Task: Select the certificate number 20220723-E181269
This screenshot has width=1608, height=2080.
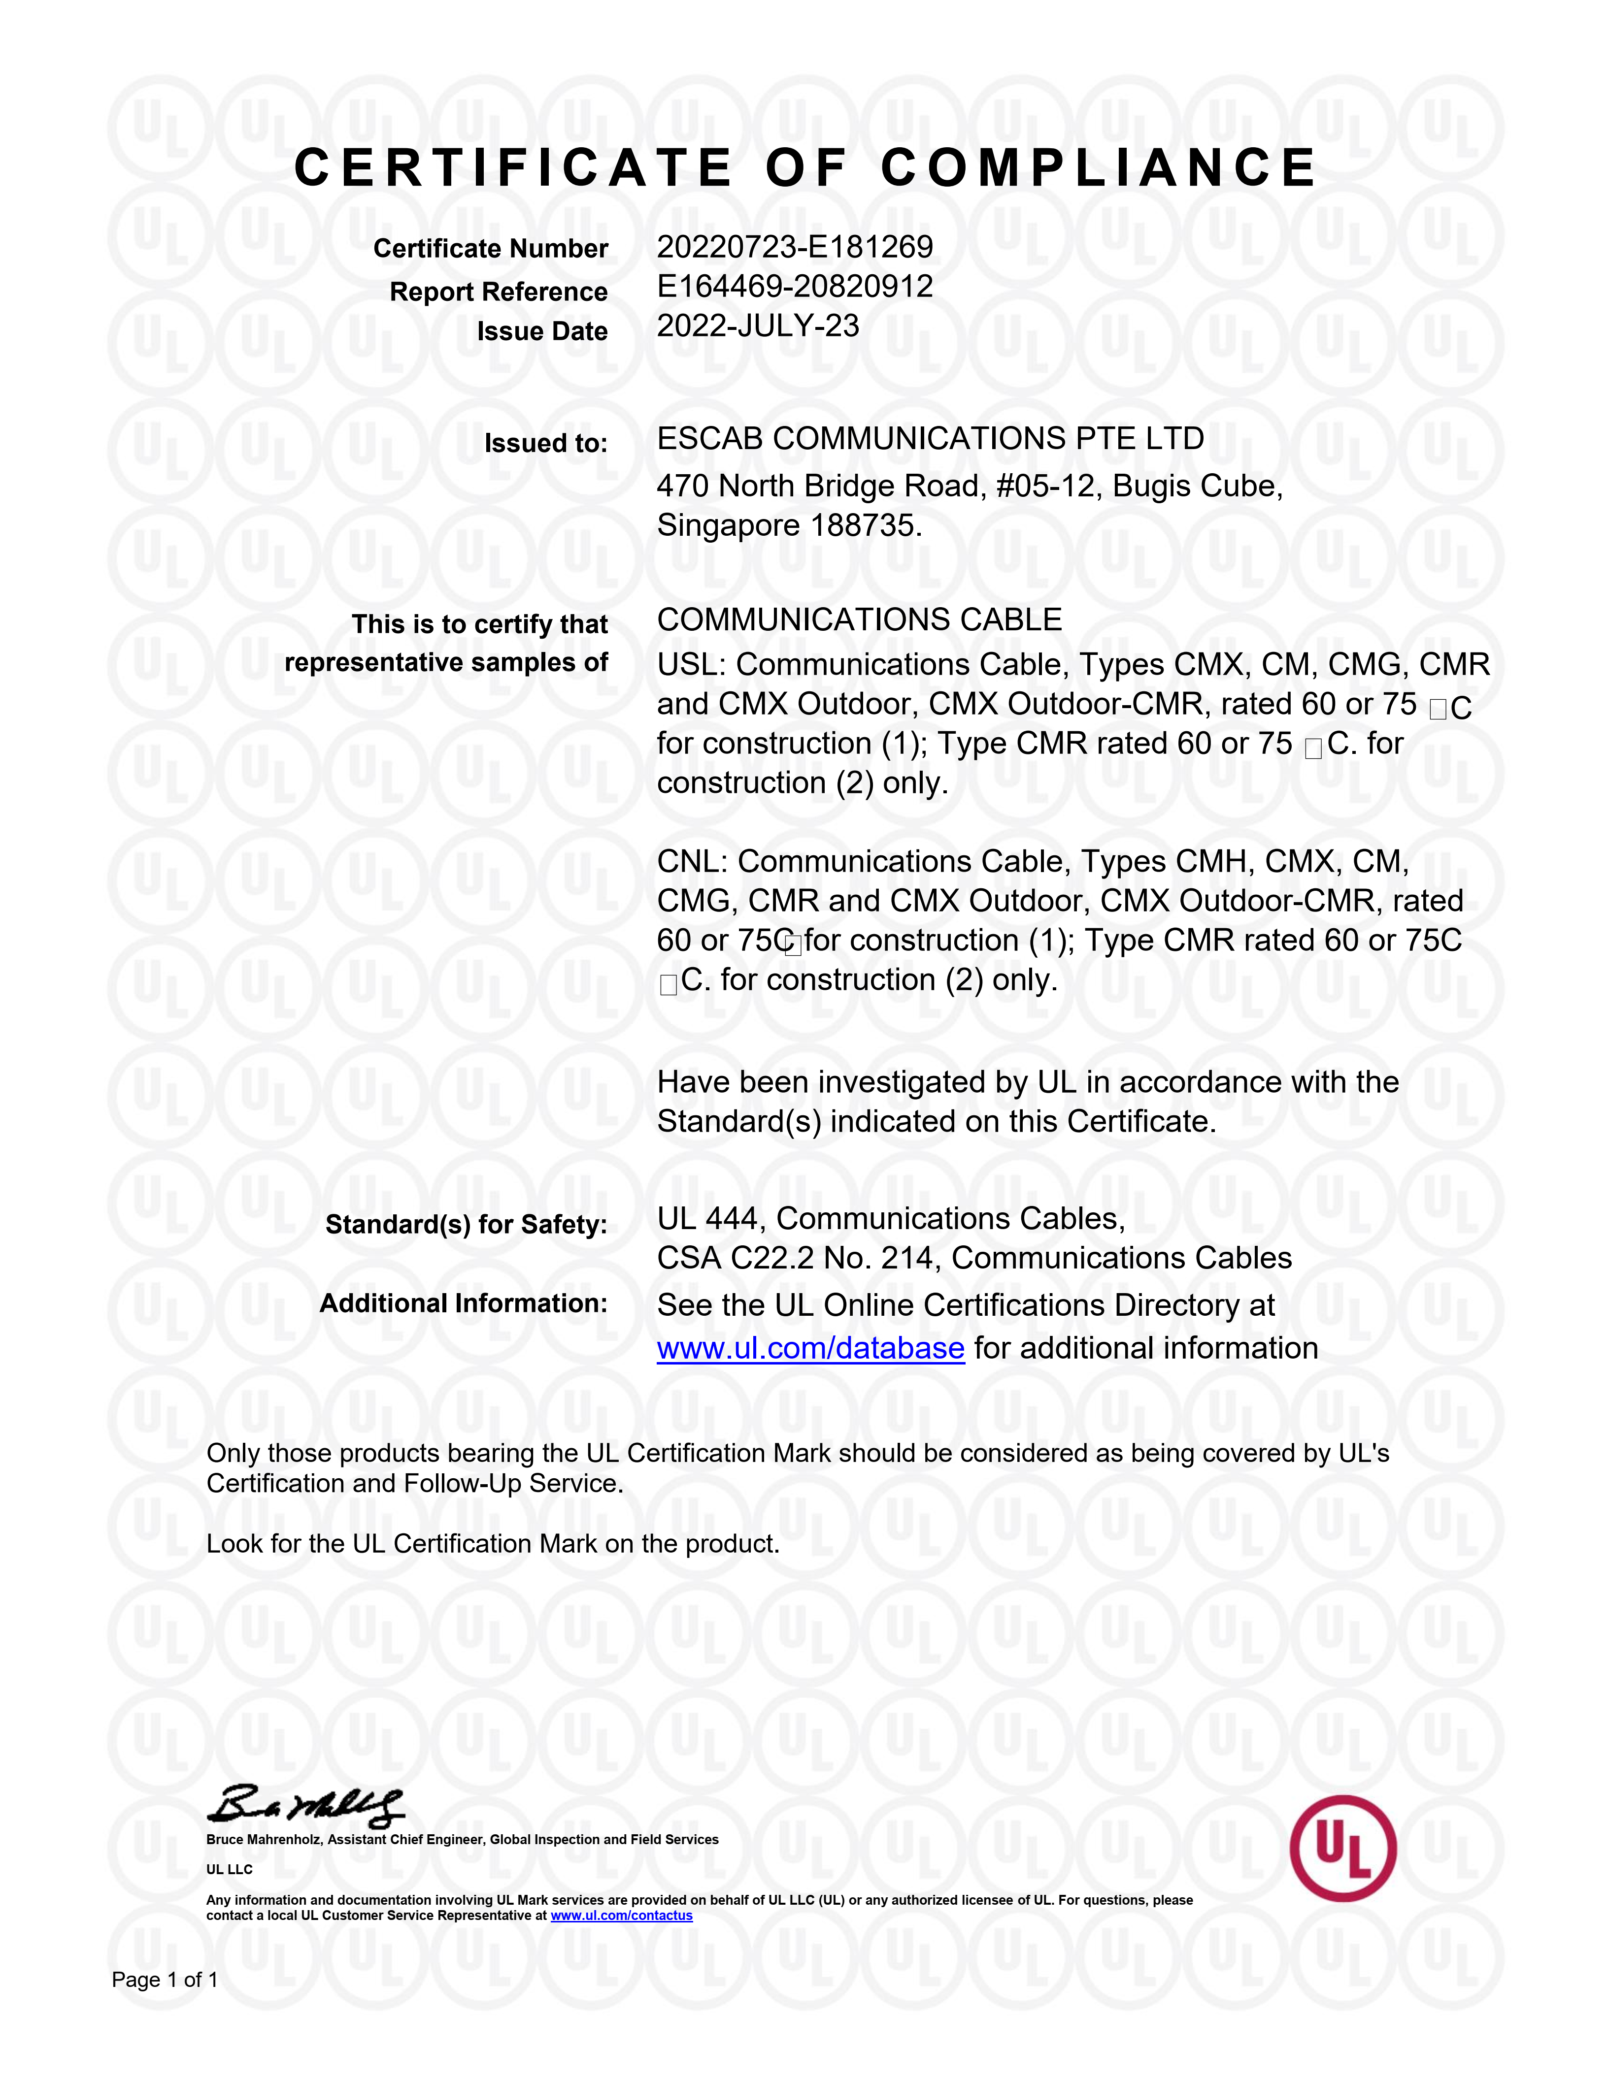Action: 795,248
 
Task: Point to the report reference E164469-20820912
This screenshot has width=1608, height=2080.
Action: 795,287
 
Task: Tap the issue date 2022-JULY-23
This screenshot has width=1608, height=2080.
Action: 757,326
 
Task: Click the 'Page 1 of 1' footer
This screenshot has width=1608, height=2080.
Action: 165,1980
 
